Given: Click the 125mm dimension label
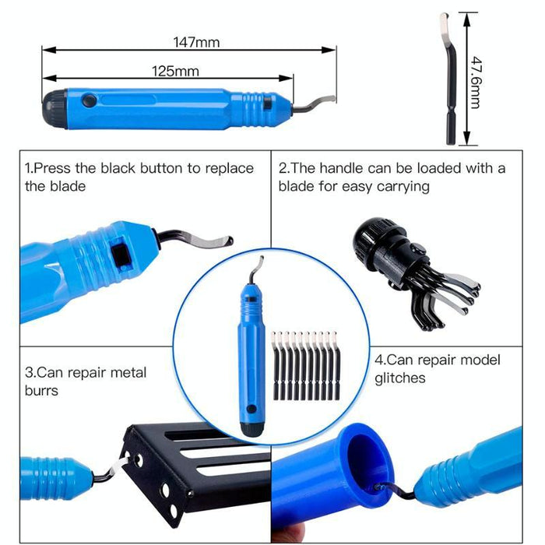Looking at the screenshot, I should click(175, 72).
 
